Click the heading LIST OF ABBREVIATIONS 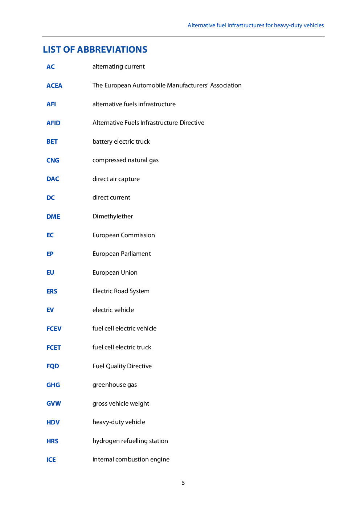pos(95,50)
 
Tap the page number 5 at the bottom pos(183,483)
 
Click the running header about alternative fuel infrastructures pos(255,25)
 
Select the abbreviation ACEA pos(54,86)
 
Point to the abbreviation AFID pos(53,123)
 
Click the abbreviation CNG pos(53,160)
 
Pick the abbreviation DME pos(53,217)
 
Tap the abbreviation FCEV pos(54,329)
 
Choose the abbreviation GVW pos(53,403)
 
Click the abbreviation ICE pos(51,460)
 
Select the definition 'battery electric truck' pos(121,141)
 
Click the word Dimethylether pos(112,216)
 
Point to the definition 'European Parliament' pos(122,254)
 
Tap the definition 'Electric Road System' pos(121,291)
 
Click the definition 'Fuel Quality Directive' pos(122,366)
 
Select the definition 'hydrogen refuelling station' pos(130,441)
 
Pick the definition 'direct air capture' pos(116,179)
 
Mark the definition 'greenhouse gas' pos(115,385)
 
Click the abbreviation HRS pos(52,441)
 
